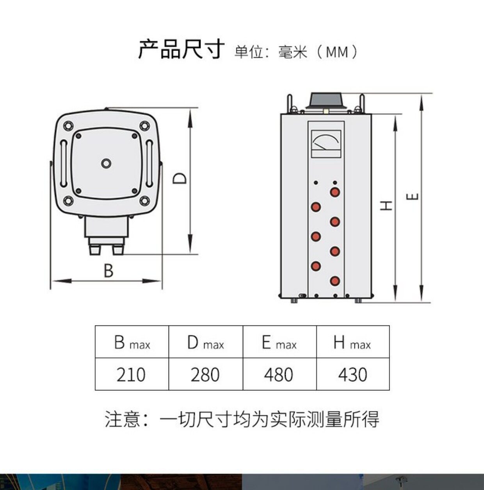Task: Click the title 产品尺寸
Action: (181, 50)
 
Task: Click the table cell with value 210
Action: (131, 374)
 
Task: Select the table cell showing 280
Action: (205, 374)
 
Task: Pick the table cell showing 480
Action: (279, 374)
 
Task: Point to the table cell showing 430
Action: (352, 374)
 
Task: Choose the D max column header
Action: (205, 342)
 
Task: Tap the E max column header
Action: (279, 342)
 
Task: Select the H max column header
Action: (352, 342)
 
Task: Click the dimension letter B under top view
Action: (108, 271)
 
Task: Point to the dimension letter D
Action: (180, 179)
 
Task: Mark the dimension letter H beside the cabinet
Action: (386, 205)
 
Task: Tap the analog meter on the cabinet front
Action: (326, 144)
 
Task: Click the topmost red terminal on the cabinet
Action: (335, 192)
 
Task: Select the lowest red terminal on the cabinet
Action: (335, 281)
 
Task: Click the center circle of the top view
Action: (106, 163)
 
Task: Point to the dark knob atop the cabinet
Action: (326, 100)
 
